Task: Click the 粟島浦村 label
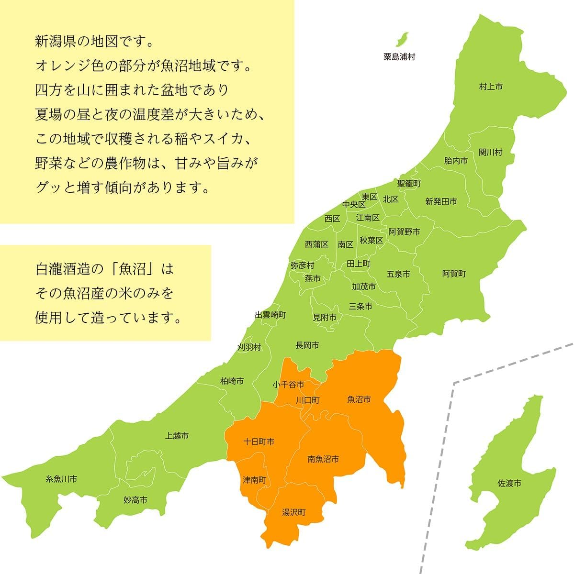pos(399,57)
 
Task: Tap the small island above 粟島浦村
pos(404,38)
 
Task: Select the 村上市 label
pos(491,87)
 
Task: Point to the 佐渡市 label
pos(509,484)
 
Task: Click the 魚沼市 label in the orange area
pos(359,399)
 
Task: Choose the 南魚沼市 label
pos(323,459)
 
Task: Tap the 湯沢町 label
pos(293,512)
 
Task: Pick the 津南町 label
pos(255,479)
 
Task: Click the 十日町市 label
pos(259,442)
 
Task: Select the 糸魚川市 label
pos(61,478)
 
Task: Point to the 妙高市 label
pos(135,500)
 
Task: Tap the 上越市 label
pos(177,436)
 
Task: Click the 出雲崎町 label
pos(270,315)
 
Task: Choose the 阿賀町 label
pos(454,274)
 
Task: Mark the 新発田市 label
pos(441,201)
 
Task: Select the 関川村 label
pos(491,153)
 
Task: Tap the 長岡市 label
pos(307,345)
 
